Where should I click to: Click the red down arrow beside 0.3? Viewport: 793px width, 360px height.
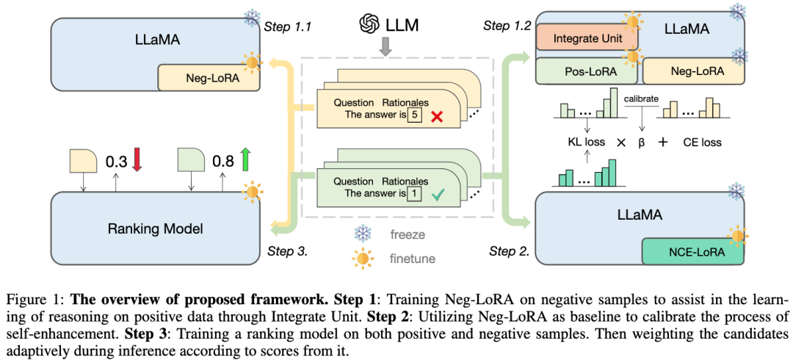[x=136, y=159]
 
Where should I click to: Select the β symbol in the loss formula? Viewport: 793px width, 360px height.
[x=641, y=142]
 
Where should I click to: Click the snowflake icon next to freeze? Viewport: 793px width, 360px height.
[x=363, y=234]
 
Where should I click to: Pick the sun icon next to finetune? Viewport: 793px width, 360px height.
[x=363, y=258]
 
